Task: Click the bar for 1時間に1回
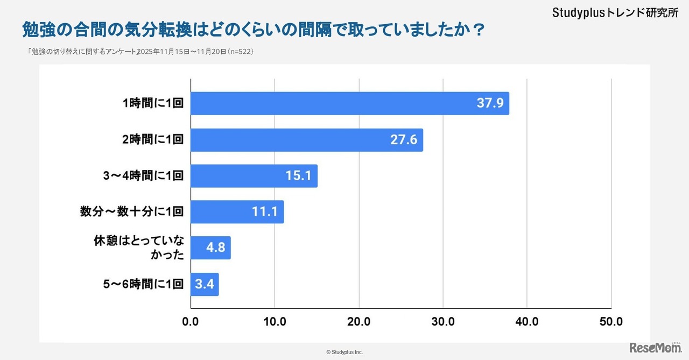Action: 350,103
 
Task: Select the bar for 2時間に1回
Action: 307,140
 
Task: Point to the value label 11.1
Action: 264,212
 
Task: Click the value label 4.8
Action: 218,248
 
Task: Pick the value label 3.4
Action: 205,284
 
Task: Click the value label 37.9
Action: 490,103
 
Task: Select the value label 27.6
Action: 404,140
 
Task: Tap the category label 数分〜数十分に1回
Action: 132,212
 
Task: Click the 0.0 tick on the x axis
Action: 191,322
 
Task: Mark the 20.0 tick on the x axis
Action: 358,322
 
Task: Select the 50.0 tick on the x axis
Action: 611,322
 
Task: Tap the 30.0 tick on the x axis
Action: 442,322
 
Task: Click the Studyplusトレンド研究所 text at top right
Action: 615,13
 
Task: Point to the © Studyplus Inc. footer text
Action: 344,352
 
